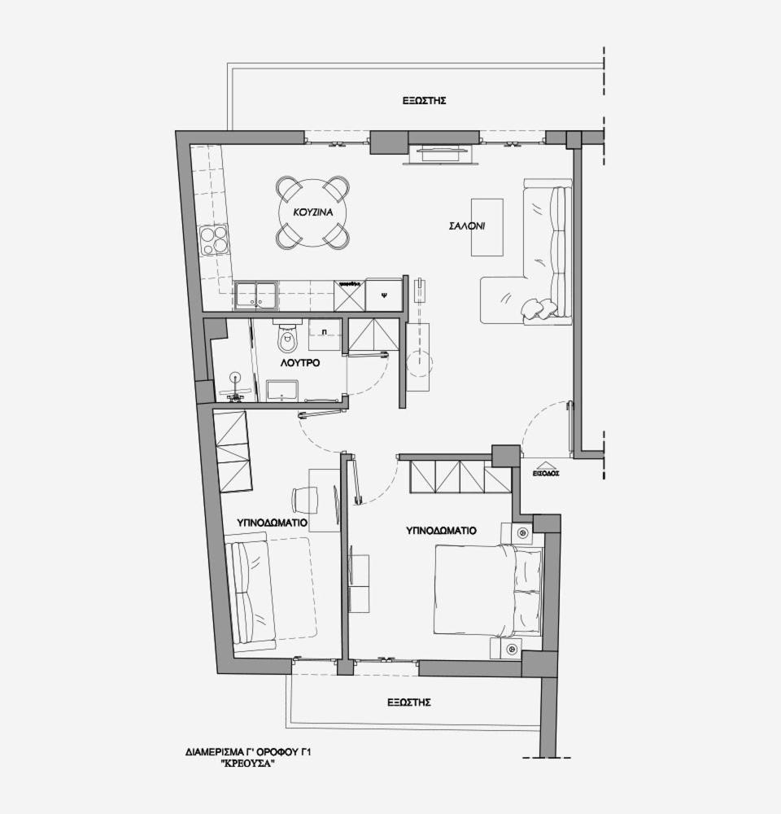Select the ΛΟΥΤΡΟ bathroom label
click(x=299, y=363)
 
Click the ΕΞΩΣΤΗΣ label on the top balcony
click(x=425, y=101)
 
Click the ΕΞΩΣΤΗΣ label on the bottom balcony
click(x=408, y=702)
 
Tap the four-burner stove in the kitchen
click(x=214, y=240)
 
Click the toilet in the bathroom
click(x=287, y=339)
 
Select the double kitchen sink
click(x=255, y=295)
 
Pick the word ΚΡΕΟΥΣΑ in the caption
click(x=249, y=764)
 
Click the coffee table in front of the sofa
click(x=486, y=227)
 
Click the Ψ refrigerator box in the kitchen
click(x=384, y=295)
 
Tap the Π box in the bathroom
click(x=325, y=334)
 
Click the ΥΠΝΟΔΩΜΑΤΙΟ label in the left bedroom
click(x=272, y=523)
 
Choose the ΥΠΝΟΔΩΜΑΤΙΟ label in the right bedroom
click(x=441, y=530)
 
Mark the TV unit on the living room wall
click(x=440, y=151)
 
